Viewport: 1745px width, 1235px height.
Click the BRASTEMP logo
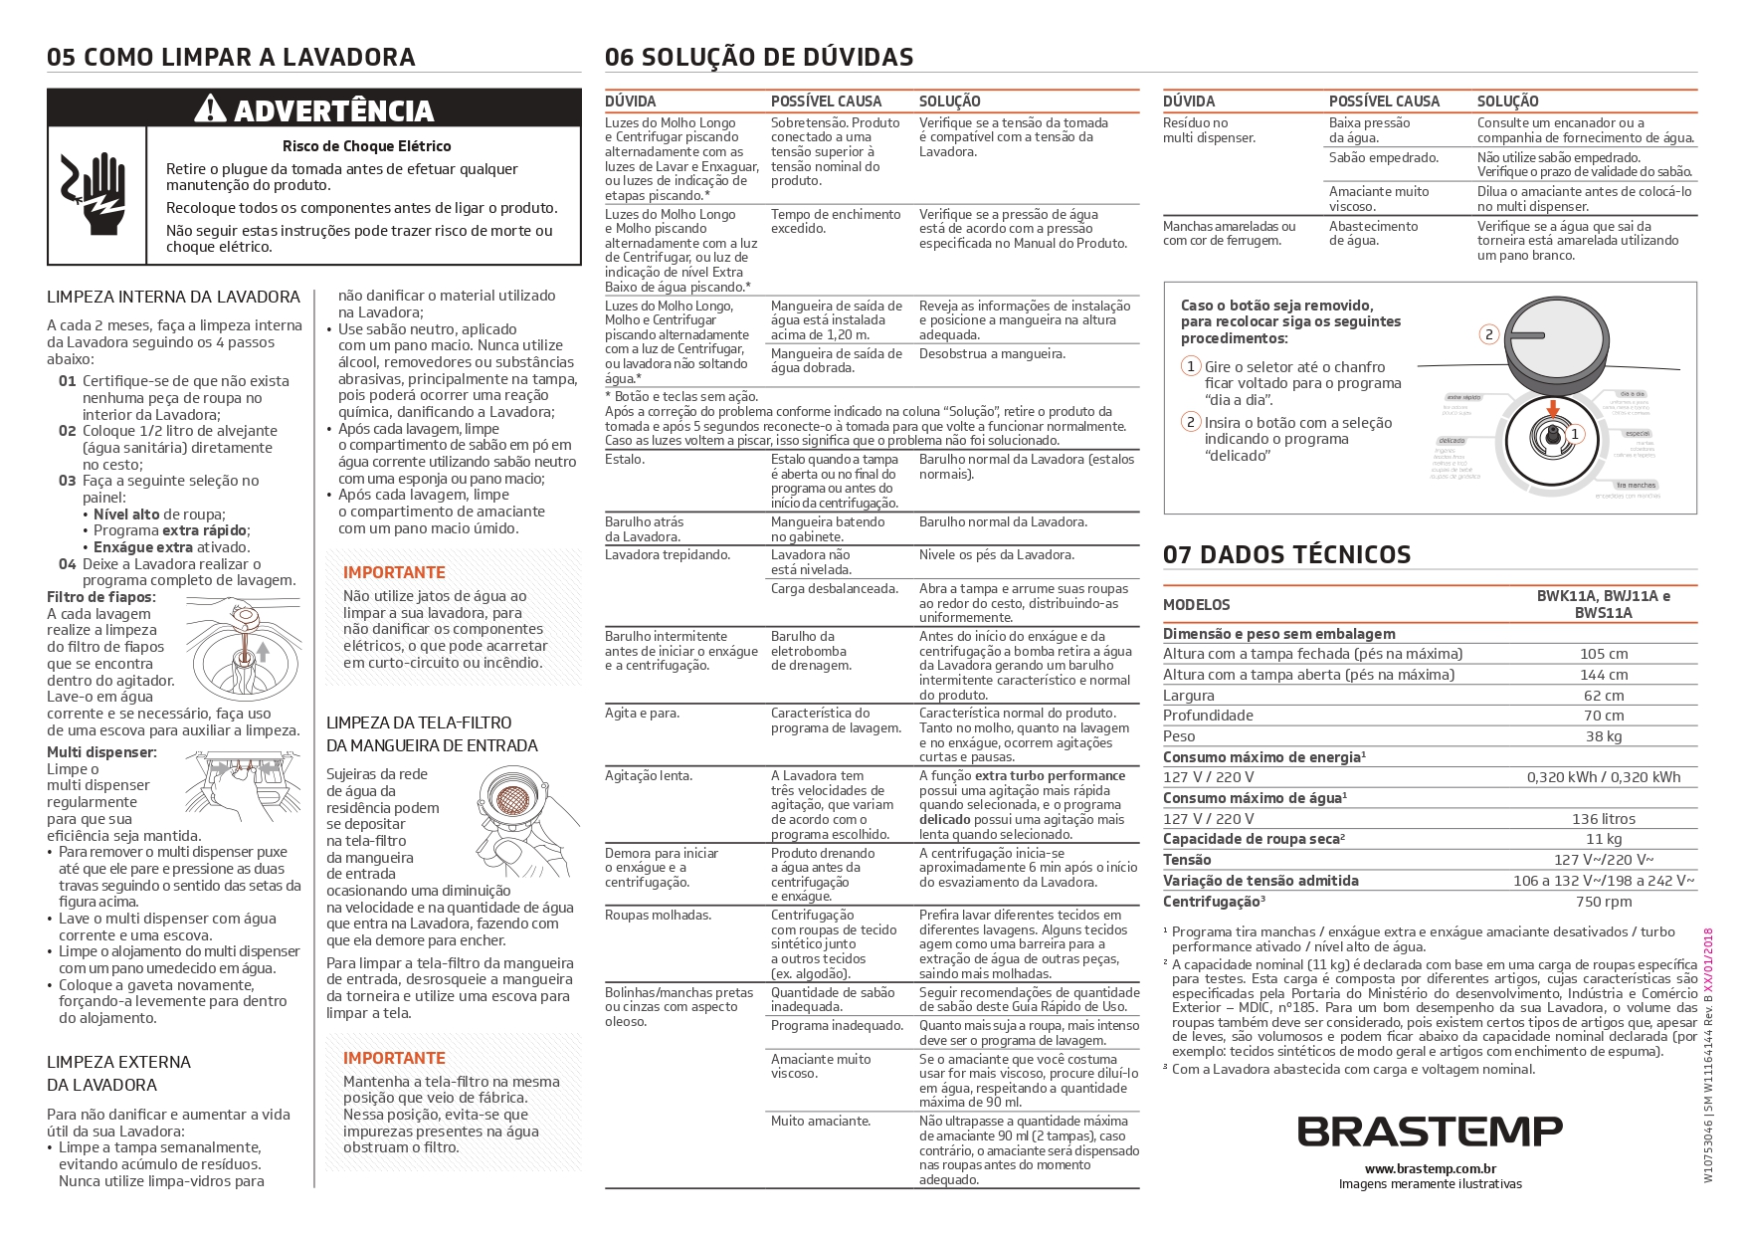pyautogui.click(x=1430, y=1132)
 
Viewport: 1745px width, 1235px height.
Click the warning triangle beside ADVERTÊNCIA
pyautogui.click(x=210, y=108)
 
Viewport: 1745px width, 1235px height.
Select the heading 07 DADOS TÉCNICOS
pyautogui.click(x=1286, y=555)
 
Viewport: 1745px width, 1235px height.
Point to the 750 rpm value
pyautogui.click(x=1604, y=902)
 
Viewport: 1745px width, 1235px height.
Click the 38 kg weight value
pyautogui.click(x=1604, y=736)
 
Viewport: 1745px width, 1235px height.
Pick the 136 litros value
pyautogui.click(x=1604, y=819)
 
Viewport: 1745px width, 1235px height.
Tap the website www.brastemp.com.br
pyautogui.click(x=1430, y=1169)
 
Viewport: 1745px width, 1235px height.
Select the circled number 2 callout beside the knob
pyautogui.click(x=1489, y=334)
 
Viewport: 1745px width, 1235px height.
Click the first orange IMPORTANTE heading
pyautogui.click(x=394, y=572)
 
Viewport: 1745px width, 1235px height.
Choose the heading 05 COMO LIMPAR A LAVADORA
pyautogui.click(x=231, y=58)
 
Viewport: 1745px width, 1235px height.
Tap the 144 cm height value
pyautogui.click(x=1604, y=675)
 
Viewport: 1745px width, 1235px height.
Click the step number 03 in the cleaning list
pyautogui.click(x=68, y=481)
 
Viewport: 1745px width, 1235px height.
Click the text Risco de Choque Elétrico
pyautogui.click(x=366, y=146)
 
